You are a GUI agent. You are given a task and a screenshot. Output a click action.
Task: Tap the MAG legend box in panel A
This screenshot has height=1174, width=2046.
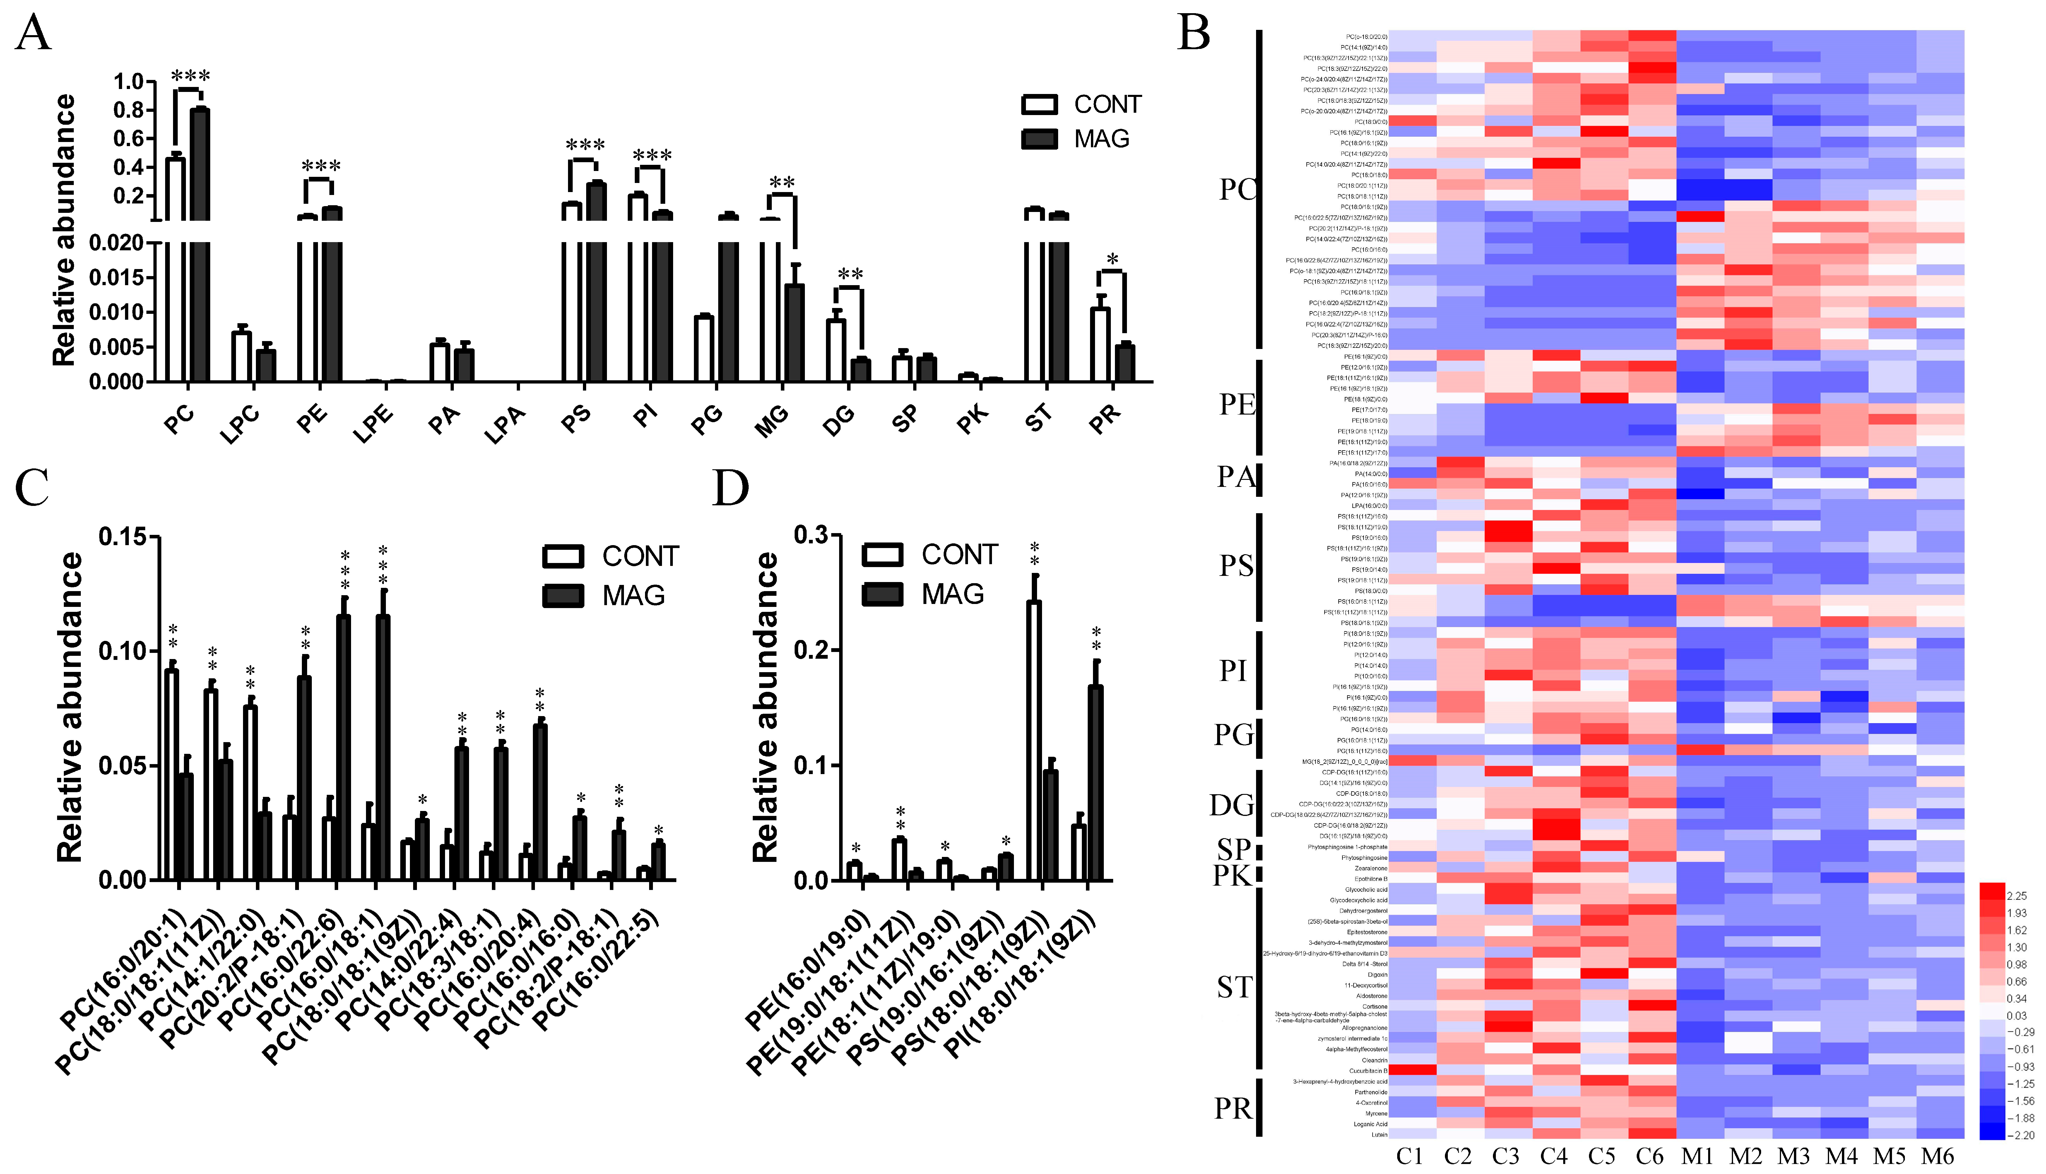tap(1039, 139)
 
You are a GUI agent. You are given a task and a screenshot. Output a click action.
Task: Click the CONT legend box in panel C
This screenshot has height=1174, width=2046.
tap(563, 556)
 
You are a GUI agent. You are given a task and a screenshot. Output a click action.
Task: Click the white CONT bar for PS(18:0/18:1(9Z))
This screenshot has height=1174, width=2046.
tap(1034, 740)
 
